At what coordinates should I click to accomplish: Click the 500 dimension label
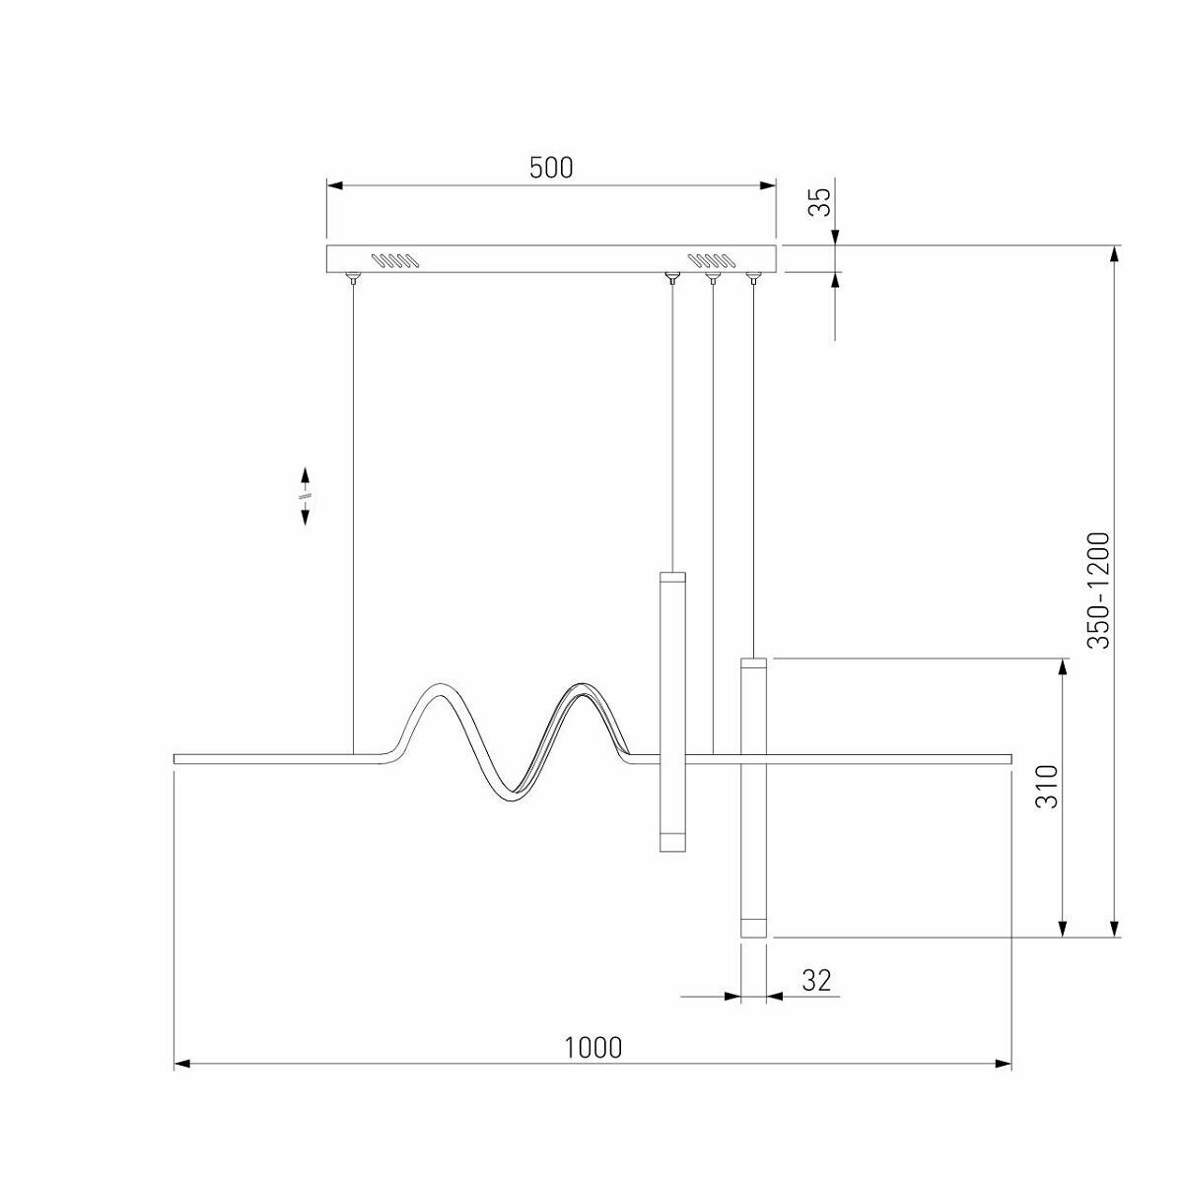[551, 168]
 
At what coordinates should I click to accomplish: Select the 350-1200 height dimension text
[1098, 590]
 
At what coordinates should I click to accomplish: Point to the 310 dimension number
[1046, 786]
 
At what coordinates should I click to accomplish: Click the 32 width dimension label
[816, 980]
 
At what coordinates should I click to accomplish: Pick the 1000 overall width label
[593, 1046]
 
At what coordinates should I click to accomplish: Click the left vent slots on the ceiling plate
[393, 260]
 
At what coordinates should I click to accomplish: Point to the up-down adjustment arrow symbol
[306, 496]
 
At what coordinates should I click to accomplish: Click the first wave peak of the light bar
[435, 691]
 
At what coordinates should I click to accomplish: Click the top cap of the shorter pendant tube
[671, 577]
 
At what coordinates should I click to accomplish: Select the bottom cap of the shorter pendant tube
[671, 841]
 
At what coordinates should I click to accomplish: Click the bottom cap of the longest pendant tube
[753, 927]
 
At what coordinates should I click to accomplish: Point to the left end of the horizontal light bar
[178, 759]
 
